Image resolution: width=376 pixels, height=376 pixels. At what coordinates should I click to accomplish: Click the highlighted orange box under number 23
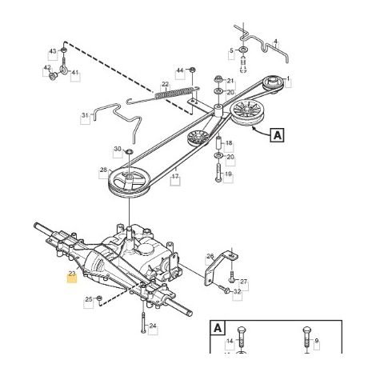72,278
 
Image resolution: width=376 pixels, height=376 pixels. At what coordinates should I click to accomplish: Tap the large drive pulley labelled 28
129,182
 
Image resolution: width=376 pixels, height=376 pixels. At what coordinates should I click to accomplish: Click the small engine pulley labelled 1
273,84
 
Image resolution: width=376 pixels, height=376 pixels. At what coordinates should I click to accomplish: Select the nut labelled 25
99,298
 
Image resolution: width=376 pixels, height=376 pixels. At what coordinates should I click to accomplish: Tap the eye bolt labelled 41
64,65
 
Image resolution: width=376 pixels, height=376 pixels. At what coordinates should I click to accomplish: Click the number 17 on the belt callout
175,176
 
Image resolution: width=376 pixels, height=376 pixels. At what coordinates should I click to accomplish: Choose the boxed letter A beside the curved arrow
277,135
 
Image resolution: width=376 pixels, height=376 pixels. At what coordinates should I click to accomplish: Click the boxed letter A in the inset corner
218,328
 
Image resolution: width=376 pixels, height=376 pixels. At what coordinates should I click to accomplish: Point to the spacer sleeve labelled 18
218,143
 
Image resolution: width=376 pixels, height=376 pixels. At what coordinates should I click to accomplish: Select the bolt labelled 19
218,173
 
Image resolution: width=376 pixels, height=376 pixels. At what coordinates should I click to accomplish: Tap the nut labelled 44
192,70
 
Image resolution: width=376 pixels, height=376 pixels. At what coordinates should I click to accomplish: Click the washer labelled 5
243,50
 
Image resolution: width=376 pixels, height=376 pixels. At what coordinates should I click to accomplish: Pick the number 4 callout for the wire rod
276,42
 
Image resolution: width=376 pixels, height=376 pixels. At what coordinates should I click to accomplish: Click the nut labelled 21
218,79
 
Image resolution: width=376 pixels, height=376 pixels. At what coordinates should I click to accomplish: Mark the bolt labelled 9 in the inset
306,339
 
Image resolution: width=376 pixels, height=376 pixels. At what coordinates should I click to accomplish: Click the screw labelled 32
223,289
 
